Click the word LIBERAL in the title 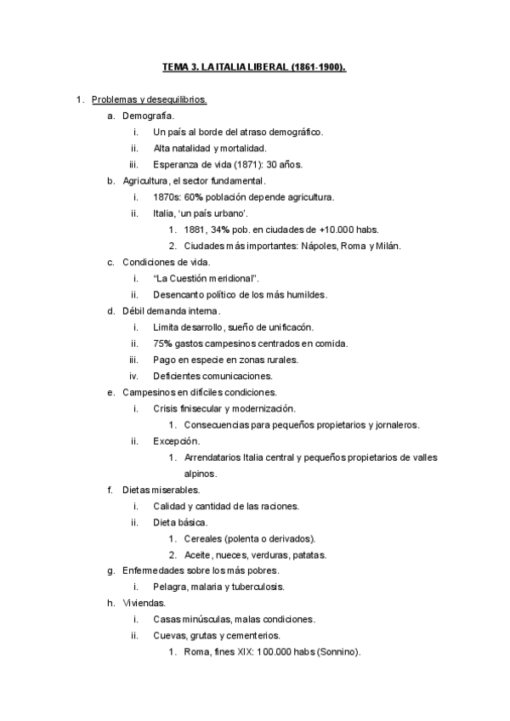click(265, 66)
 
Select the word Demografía click(149, 115)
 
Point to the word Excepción click(176, 441)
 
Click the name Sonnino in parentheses click(339, 653)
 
